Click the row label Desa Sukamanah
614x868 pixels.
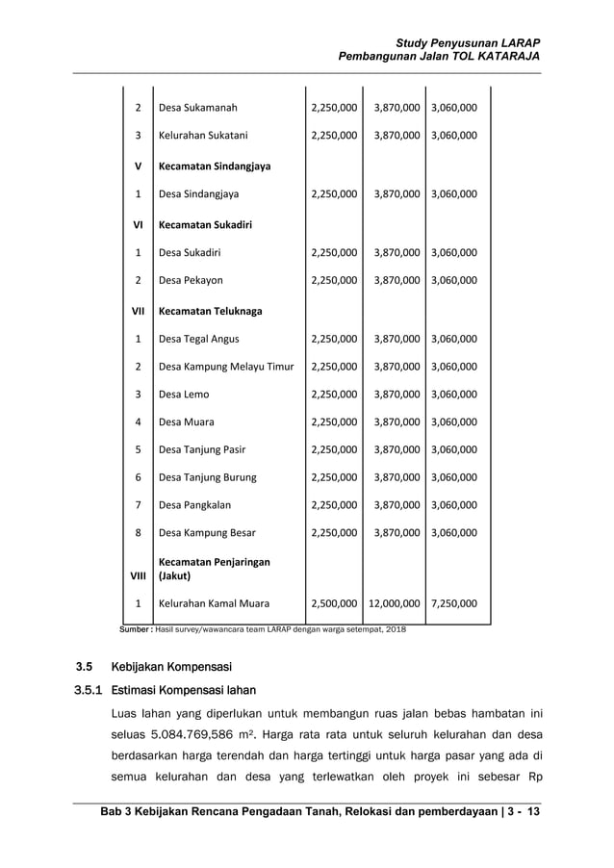[197, 108]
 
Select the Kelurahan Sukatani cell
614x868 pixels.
[203, 136]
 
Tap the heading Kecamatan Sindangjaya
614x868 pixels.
[215, 166]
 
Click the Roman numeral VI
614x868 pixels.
[138, 224]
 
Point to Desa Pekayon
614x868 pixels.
[191, 281]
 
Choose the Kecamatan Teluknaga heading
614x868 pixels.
[210, 311]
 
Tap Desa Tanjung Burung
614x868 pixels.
[208, 476]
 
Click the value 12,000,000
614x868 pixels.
[394, 604]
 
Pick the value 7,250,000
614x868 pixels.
[454, 604]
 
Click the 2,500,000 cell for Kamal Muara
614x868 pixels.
[334, 604]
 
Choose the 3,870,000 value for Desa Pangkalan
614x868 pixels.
[394, 504]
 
